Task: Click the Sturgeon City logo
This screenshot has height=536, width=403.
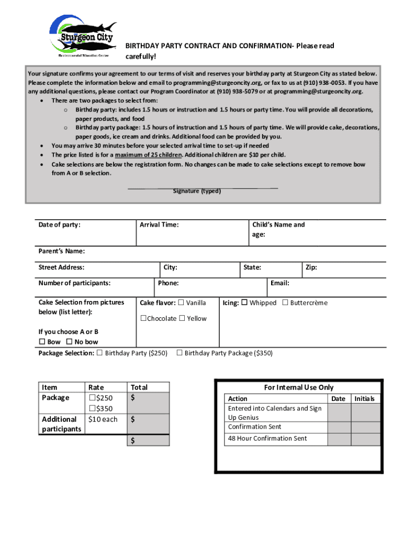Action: coord(83,35)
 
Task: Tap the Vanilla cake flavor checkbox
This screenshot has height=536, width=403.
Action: coord(181,303)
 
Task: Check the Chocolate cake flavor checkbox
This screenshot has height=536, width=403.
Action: coord(143,318)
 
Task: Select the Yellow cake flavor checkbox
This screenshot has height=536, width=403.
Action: coord(182,318)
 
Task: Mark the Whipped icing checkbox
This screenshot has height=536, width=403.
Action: coord(244,303)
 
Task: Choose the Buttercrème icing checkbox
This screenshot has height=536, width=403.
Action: coord(285,303)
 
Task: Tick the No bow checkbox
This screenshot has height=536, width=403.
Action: coord(70,342)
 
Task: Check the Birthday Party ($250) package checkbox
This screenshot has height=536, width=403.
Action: coord(100,353)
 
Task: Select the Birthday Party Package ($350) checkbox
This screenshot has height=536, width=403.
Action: coord(180,353)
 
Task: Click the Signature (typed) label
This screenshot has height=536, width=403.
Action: coord(197,191)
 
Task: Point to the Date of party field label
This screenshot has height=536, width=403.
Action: coord(59,225)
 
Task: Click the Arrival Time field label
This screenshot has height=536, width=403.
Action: coord(159,225)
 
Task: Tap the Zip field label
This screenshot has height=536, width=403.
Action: coord(311,267)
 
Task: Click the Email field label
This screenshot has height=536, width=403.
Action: coord(280,283)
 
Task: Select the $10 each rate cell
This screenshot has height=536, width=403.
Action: coord(103,419)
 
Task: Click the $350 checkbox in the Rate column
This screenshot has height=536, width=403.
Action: coord(92,409)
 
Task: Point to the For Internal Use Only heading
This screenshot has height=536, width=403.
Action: coord(298,387)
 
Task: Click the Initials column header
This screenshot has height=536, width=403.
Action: coord(364,399)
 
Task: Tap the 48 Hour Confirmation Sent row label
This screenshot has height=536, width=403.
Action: coord(267,439)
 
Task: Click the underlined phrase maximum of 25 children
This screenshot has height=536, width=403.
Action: coord(149,155)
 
